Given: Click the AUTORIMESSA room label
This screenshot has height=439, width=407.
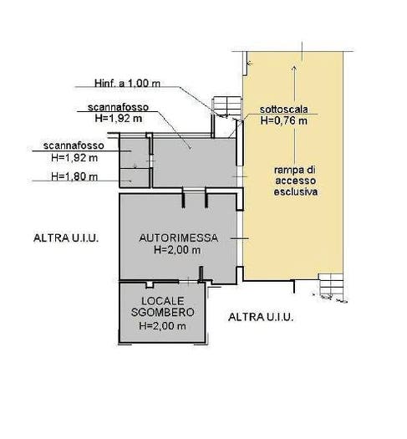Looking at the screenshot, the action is (x=179, y=238).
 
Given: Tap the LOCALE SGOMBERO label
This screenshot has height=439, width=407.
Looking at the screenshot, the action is (x=163, y=307).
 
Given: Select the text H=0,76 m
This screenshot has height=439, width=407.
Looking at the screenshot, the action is (x=284, y=120).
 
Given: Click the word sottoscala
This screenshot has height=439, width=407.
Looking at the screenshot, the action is (x=283, y=110).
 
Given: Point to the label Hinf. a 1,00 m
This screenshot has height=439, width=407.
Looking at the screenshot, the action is (x=127, y=83).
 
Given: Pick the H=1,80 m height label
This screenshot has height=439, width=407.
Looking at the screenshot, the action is (x=74, y=176).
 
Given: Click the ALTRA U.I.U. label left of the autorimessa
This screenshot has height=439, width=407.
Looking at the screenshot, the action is (x=66, y=238).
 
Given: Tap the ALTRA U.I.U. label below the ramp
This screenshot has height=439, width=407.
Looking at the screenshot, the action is (x=261, y=317).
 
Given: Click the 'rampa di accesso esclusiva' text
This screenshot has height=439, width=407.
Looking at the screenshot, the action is (x=295, y=181).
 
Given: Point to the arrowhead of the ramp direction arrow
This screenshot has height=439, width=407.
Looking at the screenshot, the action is (x=294, y=68).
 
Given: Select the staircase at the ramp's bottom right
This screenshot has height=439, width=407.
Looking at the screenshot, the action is (x=331, y=287).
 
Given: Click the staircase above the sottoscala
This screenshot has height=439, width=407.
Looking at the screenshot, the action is (x=227, y=107).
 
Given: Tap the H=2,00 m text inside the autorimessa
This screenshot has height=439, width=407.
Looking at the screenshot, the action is (x=177, y=250).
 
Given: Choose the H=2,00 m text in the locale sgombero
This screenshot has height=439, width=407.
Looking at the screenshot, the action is (x=162, y=326).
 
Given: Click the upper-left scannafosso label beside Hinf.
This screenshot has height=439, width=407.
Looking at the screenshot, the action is (x=118, y=107).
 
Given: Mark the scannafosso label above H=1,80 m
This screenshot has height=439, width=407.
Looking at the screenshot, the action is (x=74, y=145).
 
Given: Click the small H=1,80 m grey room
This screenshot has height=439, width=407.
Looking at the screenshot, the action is (x=135, y=178).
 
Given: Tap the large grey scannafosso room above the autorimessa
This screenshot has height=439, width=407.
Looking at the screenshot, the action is (x=195, y=163).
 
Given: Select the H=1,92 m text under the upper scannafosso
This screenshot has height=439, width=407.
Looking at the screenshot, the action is (x=119, y=119).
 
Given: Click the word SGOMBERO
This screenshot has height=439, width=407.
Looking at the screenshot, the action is (x=163, y=312).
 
